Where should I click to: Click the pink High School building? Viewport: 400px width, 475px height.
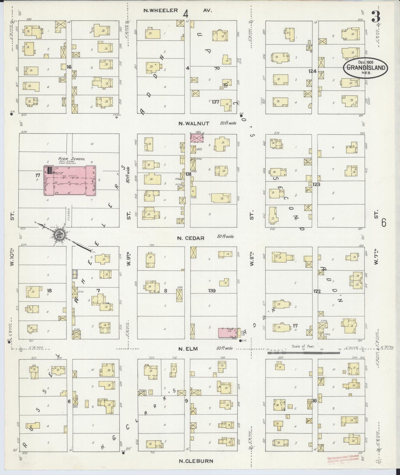70,180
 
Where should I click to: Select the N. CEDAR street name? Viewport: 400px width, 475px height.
191,238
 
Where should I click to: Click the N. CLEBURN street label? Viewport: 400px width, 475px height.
196,461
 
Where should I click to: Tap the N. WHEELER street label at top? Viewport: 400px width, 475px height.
161,11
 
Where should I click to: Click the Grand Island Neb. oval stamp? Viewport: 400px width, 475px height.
365,68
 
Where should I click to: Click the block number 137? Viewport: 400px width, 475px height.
215,102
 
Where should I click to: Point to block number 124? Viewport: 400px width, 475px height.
313,71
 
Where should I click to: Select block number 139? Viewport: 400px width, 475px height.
212,291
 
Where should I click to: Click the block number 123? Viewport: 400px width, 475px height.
316,184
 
